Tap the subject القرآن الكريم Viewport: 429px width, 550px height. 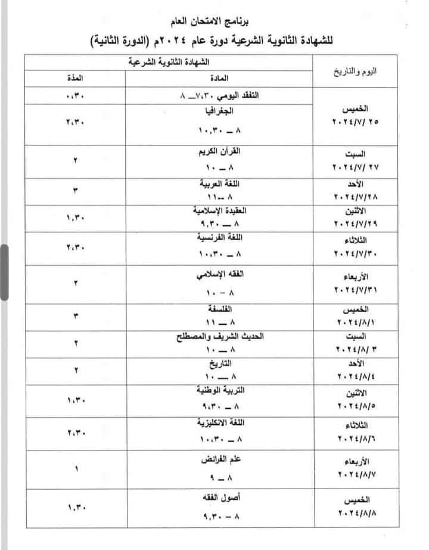point(215,151)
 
